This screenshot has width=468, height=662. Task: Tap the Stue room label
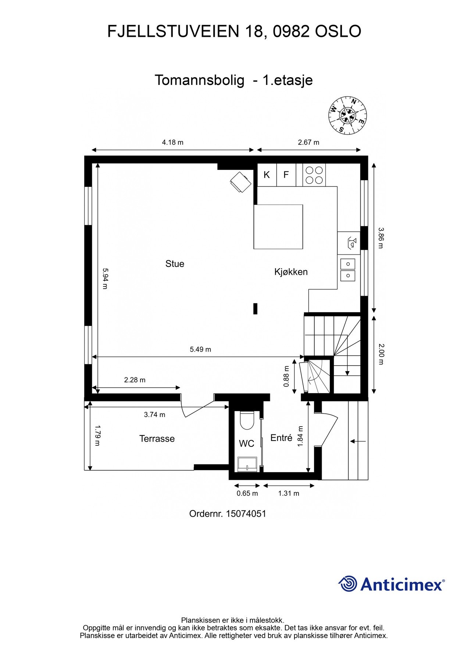[175, 264]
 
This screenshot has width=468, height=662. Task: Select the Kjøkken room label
[291, 272]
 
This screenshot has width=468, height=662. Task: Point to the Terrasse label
[157, 438]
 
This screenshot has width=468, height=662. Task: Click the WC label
[246, 444]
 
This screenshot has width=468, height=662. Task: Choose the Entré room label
[281, 438]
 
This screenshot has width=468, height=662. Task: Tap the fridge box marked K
[267, 175]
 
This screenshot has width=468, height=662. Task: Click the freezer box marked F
[286, 175]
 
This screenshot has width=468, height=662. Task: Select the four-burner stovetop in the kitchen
[314, 175]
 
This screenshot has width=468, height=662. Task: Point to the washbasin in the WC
[247, 464]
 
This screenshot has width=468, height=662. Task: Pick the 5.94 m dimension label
[105, 278]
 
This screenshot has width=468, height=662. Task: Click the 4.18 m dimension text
[172, 142]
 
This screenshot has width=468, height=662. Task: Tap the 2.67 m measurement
[308, 142]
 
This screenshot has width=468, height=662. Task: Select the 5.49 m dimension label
[200, 349]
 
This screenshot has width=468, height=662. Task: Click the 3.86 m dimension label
[381, 238]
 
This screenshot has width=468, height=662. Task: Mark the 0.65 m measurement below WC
[247, 493]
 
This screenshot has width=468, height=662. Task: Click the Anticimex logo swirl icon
[348, 584]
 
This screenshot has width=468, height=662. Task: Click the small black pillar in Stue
[255, 308]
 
